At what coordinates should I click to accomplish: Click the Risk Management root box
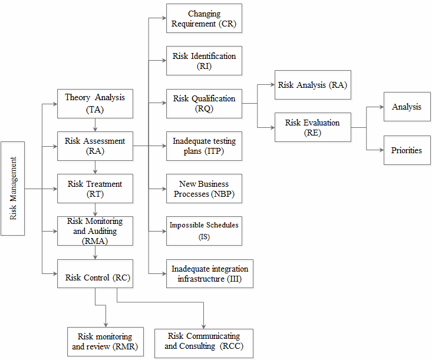[x=12, y=189]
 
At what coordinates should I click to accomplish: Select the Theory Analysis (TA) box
[x=95, y=103]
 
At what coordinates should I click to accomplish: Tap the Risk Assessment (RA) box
[x=95, y=146]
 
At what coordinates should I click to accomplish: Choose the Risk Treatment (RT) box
[x=95, y=189]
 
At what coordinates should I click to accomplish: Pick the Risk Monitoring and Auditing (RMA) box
[x=95, y=231]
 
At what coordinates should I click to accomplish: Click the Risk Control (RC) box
[x=95, y=273]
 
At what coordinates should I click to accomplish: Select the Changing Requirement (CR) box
[x=204, y=18]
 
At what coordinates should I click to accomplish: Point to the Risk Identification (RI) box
[x=204, y=61]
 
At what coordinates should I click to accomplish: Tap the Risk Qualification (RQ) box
[x=204, y=103]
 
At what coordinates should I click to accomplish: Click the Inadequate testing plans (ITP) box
[x=204, y=146]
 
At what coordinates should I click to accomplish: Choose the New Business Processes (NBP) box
[x=204, y=189]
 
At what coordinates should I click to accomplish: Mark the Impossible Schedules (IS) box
[x=204, y=231]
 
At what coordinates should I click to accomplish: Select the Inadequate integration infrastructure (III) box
[x=210, y=273]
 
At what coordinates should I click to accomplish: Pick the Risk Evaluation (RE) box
[x=312, y=127]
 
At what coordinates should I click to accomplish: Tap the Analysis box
[x=407, y=107]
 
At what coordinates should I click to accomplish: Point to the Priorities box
[x=407, y=150]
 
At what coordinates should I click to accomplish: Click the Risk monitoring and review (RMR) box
[x=105, y=342]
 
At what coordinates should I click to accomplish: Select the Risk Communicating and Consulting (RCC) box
[x=204, y=343]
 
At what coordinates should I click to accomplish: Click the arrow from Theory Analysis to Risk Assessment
[x=95, y=125]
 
